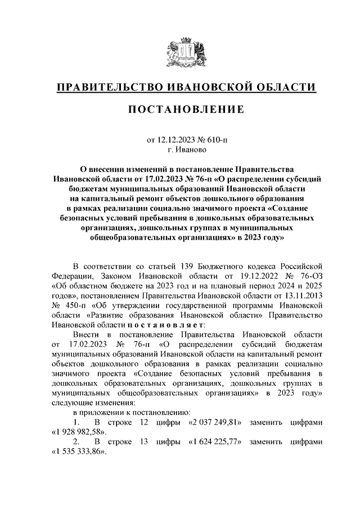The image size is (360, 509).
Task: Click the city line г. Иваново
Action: pos(179,150)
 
